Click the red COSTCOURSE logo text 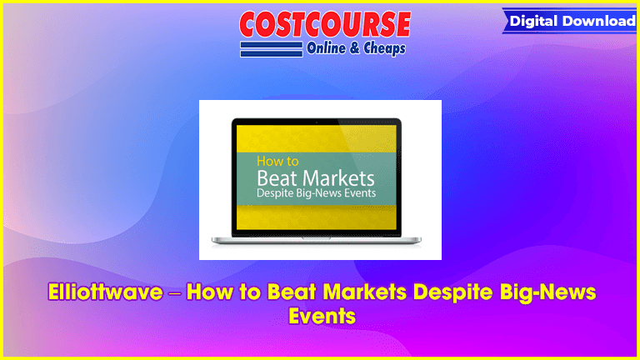[x=325, y=24]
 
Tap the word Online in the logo [x=326, y=48]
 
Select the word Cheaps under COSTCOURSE [x=384, y=48]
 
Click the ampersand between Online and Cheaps [x=354, y=48]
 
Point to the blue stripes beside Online [x=272, y=49]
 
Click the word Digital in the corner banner [x=534, y=21]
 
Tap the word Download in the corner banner [x=599, y=20]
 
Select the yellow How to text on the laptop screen [x=277, y=161]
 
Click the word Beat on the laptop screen [x=277, y=178]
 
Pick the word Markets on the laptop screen [x=339, y=178]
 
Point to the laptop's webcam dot [x=317, y=122]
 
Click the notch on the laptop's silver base [x=317, y=238]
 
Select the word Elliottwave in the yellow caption [x=105, y=292]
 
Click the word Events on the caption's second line [x=322, y=316]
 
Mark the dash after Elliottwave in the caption [x=174, y=293]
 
